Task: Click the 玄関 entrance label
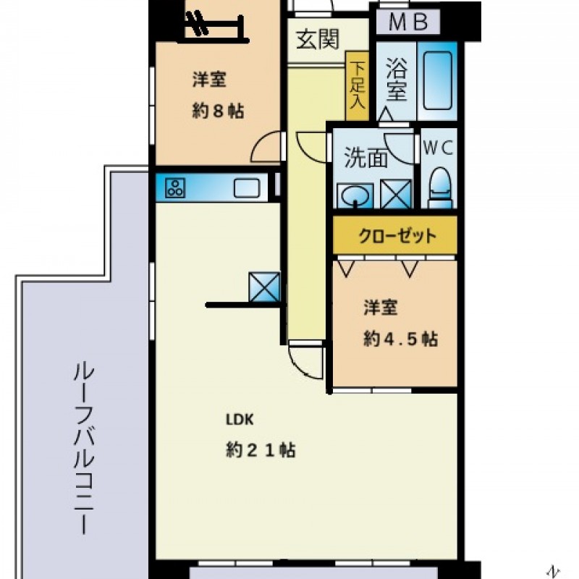coord(318,39)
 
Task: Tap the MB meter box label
coord(408,22)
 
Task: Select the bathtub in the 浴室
coord(438,81)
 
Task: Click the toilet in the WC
coord(440,188)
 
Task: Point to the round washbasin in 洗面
coord(355,196)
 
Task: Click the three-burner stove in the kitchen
coord(174,188)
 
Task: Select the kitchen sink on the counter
coord(247,188)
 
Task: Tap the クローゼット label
coord(397,236)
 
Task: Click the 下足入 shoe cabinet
coord(357,85)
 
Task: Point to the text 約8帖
coord(218,111)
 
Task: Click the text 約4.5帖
coord(401,339)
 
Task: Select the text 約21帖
coord(261,449)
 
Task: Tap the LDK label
coord(240,420)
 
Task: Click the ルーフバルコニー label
coord(84,449)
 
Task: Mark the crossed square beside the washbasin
coord(396,194)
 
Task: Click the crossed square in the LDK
coord(264,287)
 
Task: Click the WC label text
coord(438,148)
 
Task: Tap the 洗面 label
coord(365,158)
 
